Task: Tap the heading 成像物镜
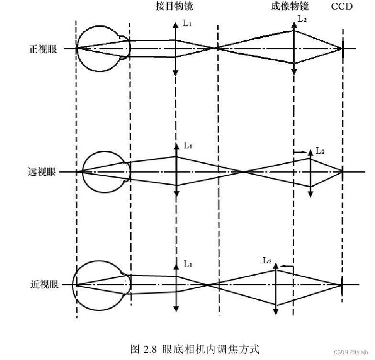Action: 289,7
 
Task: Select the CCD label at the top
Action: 342,7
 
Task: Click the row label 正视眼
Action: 43,49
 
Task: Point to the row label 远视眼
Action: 43,171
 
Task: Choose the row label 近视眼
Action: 44,284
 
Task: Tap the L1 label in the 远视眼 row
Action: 188,145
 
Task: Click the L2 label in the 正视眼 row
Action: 303,19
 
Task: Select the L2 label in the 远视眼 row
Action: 320,151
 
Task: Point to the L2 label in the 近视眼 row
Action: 267,261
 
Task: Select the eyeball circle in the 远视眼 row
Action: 105,172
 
